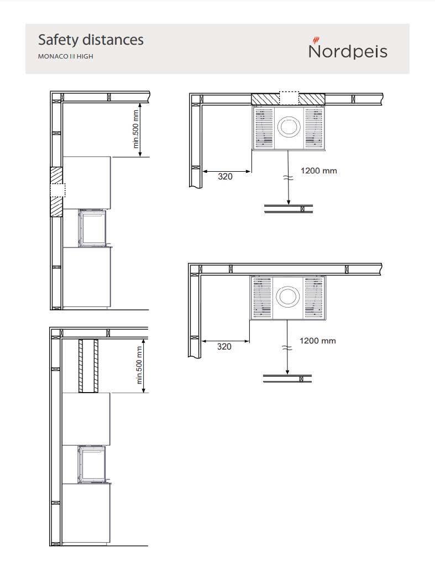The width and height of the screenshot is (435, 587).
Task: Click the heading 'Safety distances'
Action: (x=91, y=40)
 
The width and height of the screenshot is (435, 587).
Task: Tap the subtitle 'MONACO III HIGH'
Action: (x=66, y=56)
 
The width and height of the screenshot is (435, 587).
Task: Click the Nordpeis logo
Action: (x=348, y=48)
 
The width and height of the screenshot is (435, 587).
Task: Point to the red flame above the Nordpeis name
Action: (x=316, y=40)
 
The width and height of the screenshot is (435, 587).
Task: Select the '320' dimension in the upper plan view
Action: (x=225, y=177)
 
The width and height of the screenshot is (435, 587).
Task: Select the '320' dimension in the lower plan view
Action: (x=224, y=347)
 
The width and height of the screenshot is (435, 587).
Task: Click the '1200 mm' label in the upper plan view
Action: (x=319, y=171)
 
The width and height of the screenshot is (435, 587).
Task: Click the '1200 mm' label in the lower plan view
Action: (x=318, y=341)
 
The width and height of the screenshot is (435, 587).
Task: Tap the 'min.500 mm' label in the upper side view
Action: (x=136, y=129)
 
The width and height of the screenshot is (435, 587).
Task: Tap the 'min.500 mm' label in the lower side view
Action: (x=139, y=366)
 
